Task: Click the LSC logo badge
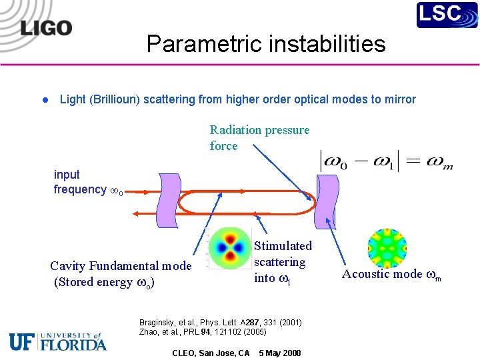pos(447,15)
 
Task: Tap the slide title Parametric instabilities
pos(266,44)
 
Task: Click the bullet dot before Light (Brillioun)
pos(44,100)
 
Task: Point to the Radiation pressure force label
pos(259,137)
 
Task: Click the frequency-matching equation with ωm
pos(387,161)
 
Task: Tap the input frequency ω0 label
pos(86,182)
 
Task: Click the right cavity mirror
pos(327,194)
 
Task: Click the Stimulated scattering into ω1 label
pos(283,262)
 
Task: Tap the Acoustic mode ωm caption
pos(391,274)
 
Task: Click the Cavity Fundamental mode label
pos(121,273)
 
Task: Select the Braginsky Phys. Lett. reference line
pos(220,323)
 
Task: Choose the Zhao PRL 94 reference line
pos(203,332)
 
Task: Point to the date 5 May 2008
pos(279,353)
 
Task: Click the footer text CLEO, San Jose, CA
pos(211,353)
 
